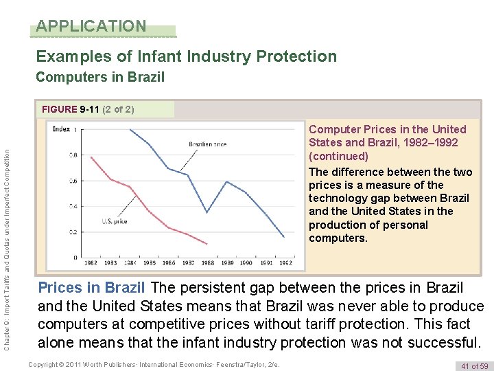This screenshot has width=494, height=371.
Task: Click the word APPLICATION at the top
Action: (x=91, y=26)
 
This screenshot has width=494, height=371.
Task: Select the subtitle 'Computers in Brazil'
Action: (x=100, y=77)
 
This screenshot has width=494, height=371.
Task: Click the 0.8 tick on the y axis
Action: (x=73, y=155)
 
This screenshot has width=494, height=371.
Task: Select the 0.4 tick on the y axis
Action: (x=73, y=206)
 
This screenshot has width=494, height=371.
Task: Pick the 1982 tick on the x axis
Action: (x=91, y=263)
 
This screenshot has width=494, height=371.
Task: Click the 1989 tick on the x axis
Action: (x=227, y=263)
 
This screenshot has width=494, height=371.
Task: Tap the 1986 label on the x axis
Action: (x=169, y=263)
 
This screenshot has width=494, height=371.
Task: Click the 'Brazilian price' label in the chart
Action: (x=208, y=144)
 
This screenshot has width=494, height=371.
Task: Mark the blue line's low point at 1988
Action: (x=207, y=213)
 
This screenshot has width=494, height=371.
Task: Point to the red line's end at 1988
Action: (x=207, y=244)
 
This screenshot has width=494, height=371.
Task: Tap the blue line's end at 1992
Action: (x=284, y=237)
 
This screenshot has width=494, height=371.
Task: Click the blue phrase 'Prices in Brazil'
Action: (x=91, y=288)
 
